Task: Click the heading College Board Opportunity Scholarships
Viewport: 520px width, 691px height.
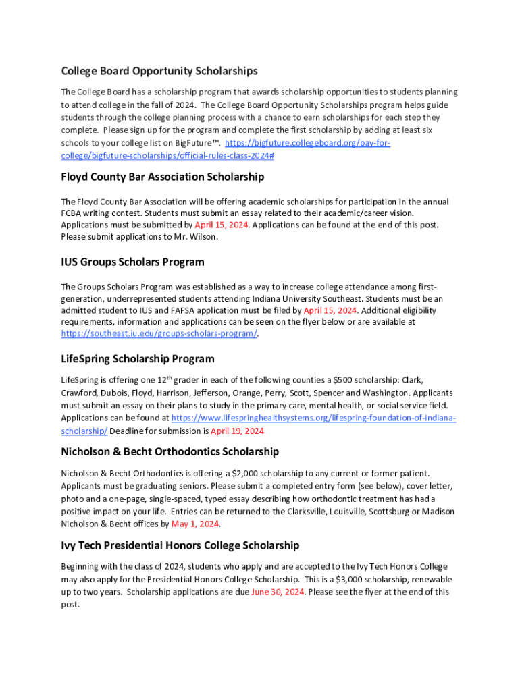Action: point(159,71)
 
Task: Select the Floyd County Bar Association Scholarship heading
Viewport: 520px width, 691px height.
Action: point(162,177)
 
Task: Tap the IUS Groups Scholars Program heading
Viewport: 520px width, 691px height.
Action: point(132,262)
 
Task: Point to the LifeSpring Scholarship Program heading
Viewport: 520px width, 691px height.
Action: point(138,359)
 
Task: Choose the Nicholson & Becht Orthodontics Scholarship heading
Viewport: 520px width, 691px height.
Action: point(170,451)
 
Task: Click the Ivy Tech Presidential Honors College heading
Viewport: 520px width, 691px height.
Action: point(180,545)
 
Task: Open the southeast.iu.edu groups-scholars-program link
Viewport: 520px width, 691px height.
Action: point(159,334)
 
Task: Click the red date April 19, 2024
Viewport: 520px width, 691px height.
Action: point(237,431)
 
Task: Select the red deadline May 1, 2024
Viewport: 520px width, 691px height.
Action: point(195,524)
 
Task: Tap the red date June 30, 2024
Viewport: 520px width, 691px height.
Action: point(277,592)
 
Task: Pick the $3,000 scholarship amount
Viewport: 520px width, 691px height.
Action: point(350,580)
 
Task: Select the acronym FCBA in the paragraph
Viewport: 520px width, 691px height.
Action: point(72,213)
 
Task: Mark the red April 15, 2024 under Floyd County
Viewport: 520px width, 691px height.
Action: point(221,225)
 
